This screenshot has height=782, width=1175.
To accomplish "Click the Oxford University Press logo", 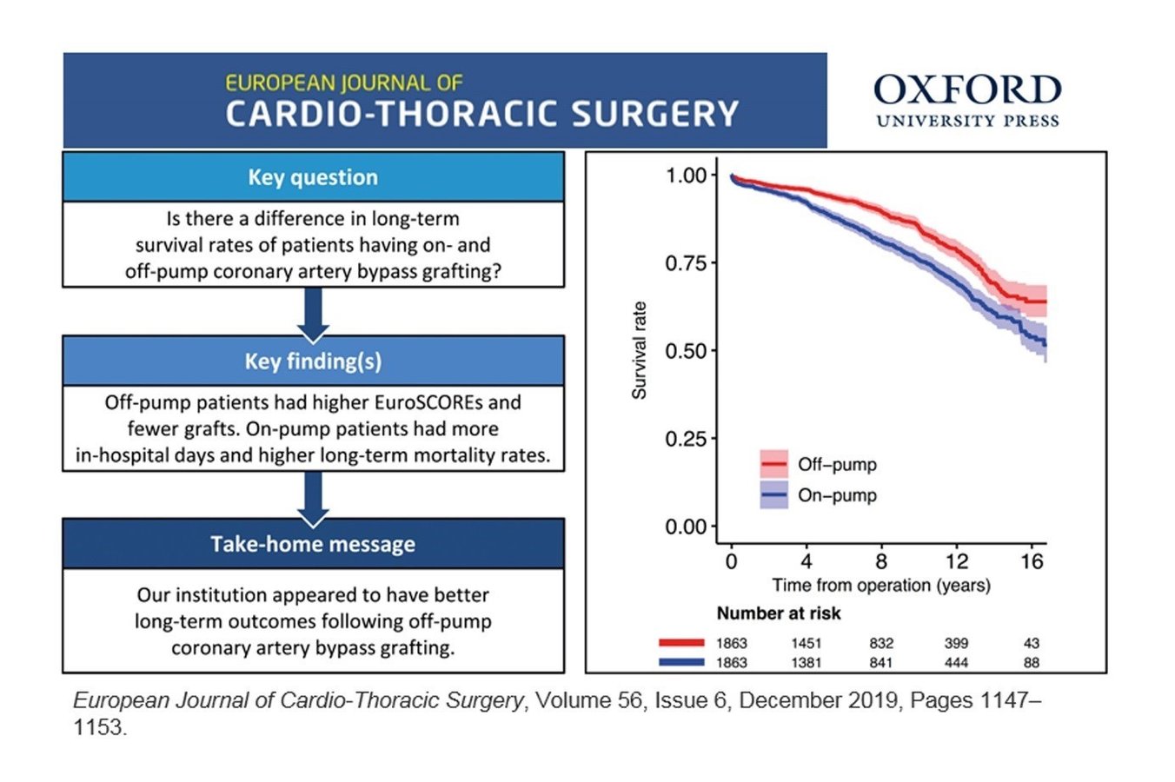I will pyautogui.click(x=967, y=101).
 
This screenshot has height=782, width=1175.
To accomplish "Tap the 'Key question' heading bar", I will pyautogui.click(x=313, y=177).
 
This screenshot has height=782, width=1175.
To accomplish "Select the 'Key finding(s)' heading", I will pyautogui.click(x=313, y=361).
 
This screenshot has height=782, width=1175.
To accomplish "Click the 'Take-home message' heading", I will pyautogui.click(x=313, y=545).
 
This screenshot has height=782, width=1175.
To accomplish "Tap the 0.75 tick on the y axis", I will pyautogui.click(x=686, y=263).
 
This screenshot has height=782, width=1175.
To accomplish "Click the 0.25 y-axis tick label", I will pyautogui.click(x=686, y=439).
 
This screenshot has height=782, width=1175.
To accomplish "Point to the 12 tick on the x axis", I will pyautogui.click(x=957, y=562).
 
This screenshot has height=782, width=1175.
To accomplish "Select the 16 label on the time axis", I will pyautogui.click(x=1032, y=562).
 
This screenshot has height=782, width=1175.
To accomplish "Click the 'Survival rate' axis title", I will pyautogui.click(x=640, y=350).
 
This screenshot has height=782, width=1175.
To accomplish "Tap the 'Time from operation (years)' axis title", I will pyautogui.click(x=881, y=586).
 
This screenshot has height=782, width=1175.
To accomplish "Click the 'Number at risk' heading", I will pyautogui.click(x=779, y=613).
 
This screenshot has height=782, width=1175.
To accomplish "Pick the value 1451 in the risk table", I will pyautogui.click(x=806, y=644).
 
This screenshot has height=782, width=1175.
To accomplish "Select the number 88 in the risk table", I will pyautogui.click(x=1032, y=663).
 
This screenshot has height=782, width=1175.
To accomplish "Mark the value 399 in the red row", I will pyautogui.click(x=957, y=644).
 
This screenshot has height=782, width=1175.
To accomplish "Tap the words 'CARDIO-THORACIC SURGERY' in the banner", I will pyautogui.click(x=481, y=114).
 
